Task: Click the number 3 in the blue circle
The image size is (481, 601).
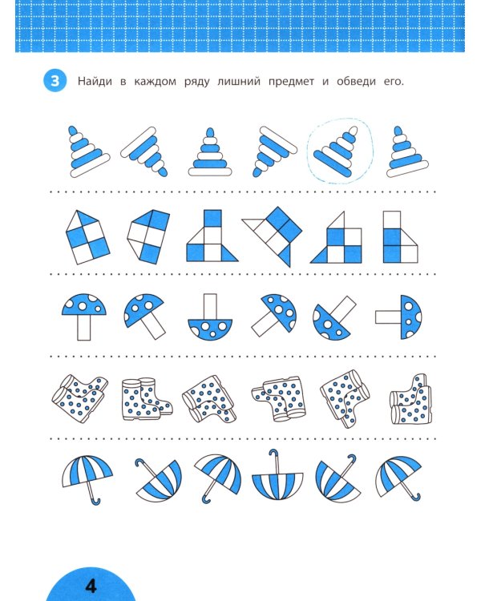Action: point(55,81)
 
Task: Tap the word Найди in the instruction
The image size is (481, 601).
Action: point(95,81)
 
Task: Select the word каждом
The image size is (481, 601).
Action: point(155,82)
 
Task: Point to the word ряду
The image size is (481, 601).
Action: point(196,82)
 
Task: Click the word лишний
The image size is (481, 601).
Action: point(239,81)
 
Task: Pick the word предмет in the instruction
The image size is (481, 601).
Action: point(291,82)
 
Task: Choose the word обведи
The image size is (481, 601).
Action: point(356,81)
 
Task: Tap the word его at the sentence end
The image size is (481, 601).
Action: point(394,82)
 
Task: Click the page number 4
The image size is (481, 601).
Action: point(91,586)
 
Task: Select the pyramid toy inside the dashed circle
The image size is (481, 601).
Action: point(335,152)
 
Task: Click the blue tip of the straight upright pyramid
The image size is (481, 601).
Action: point(210,133)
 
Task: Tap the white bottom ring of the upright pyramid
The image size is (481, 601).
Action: point(210,172)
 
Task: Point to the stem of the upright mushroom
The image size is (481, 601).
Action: point(84,327)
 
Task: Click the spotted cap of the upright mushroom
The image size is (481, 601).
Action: point(84,305)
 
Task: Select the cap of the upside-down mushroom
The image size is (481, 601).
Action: point(210,329)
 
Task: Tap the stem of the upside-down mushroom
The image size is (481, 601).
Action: point(210,307)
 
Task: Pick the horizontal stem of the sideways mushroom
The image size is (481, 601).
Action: point(388,317)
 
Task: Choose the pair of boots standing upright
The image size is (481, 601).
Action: point(147,399)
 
